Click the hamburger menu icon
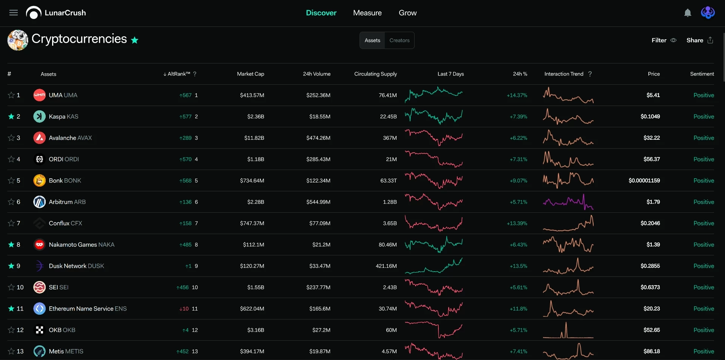[14, 13]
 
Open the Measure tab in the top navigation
[367, 13]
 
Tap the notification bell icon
[688, 13]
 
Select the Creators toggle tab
[400, 40]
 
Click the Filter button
[664, 40]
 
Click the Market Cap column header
[250, 74]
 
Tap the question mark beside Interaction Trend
[590, 74]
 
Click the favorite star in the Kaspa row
[11, 116]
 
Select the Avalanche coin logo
[39, 138]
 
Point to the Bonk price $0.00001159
[644, 181]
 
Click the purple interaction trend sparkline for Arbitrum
[568, 202]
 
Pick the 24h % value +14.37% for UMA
[517, 95]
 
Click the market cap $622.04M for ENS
[252, 309]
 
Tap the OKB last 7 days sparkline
[433, 330]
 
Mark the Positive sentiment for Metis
[703, 351]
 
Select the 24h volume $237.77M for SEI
[318, 287]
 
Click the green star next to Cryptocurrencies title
[134, 40]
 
